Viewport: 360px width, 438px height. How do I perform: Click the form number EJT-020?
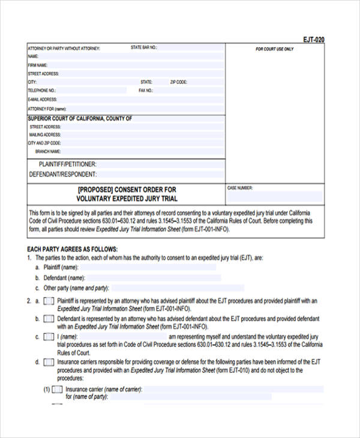tap(313, 40)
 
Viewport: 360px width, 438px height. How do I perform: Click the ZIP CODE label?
tap(179, 82)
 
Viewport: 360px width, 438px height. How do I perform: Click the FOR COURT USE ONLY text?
tap(275, 49)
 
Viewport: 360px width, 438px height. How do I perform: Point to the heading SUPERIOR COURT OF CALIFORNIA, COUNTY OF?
tap(80, 119)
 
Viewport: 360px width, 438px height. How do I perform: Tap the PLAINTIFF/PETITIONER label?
tap(67, 164)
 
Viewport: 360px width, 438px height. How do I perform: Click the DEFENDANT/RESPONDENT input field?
tap(160, 175)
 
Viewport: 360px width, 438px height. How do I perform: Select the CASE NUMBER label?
tap(240, 188)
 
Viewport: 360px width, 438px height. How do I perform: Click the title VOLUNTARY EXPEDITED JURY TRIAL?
tap(127, 199)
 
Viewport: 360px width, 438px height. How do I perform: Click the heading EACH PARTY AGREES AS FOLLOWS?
tap(73, 249)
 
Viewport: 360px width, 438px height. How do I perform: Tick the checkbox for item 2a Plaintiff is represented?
tap(49, 301)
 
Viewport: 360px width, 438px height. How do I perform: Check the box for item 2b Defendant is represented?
tap(49, 319)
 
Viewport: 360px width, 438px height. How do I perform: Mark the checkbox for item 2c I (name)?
tap(49, 337)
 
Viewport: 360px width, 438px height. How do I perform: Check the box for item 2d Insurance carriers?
tap(49, 363)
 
